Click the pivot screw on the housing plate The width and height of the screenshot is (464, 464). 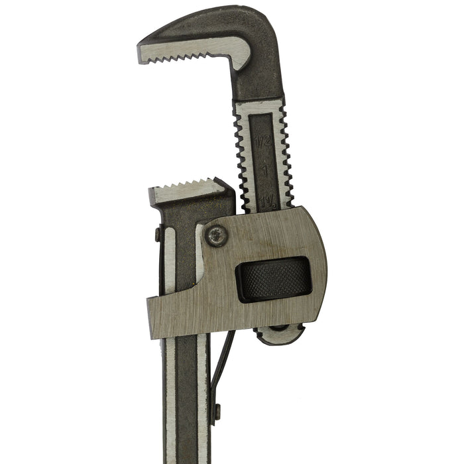216,235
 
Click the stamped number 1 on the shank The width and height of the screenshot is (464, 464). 263,169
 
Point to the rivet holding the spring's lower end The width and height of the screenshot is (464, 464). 216,412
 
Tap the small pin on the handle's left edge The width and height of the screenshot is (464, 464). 157,234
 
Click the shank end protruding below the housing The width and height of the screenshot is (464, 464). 278,335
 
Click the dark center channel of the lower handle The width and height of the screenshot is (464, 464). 186,398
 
